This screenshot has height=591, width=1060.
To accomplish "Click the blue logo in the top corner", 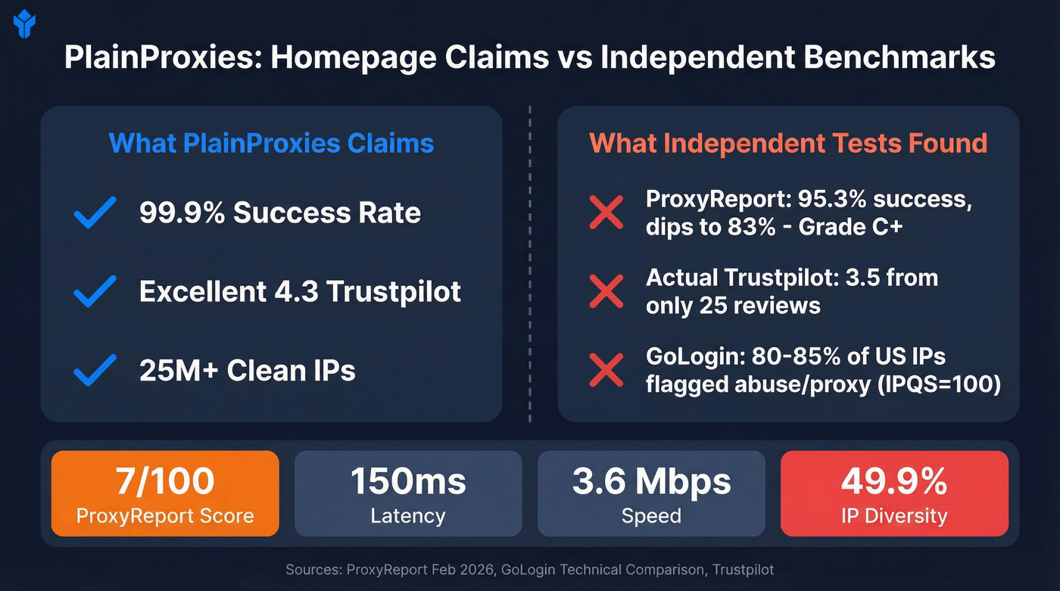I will pos(24,23).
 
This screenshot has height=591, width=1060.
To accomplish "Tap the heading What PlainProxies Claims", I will pos(271,143).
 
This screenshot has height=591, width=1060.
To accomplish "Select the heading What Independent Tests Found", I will pos(788,143).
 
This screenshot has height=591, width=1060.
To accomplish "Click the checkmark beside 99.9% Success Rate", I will pos(95,213).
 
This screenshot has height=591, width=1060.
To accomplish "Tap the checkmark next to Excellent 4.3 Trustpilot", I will pos(95,291).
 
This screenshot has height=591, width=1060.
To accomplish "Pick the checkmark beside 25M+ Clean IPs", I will pos(95,369).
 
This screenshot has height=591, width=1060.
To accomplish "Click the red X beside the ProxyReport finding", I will pos(606,213).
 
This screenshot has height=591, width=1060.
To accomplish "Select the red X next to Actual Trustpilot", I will pos(606,291).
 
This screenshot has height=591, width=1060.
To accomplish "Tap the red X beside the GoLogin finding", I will pos(606,369).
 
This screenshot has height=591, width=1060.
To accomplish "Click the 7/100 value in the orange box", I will pos(165,481).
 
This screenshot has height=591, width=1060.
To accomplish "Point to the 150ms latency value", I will pos(408,481).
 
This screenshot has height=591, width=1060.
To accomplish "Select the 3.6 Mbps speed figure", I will pos(651,481).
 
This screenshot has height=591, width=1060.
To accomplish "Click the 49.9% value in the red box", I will pos(894,481).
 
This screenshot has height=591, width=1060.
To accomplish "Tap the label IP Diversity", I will pos(894,516).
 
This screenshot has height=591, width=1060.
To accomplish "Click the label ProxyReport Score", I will pos(165,516).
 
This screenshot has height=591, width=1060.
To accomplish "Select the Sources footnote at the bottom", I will pos(530,569).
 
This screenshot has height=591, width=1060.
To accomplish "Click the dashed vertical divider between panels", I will pos(530,265).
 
